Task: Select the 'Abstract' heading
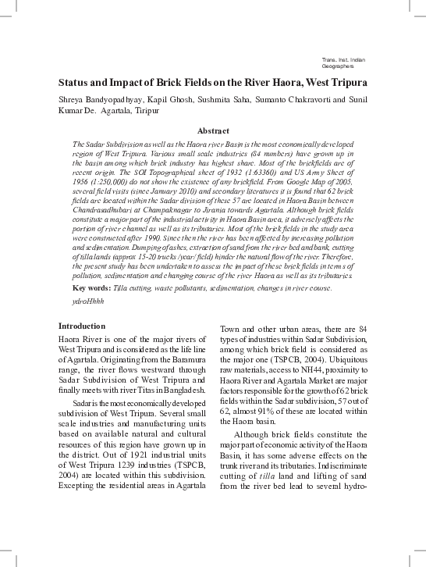point(213,130)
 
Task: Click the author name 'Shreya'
point(73,99)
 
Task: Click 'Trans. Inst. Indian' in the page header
point(343,60)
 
